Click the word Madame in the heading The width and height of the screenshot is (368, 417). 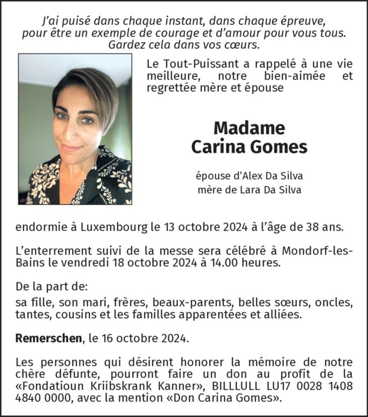pyautogui.click(x=249, y=128)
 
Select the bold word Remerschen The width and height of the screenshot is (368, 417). pyautogui.click(x=48, y=338)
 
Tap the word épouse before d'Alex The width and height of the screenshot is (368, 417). pyautogui.click(x=211, y=176)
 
